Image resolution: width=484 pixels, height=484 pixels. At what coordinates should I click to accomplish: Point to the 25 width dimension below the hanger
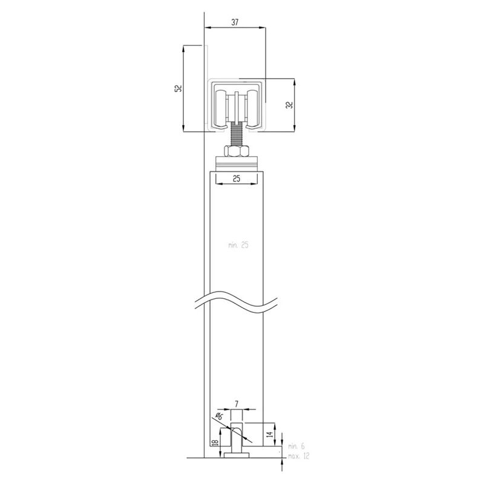[x=236, y=178]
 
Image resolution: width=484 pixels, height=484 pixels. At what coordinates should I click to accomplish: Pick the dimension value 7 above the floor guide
[x=237, y=403]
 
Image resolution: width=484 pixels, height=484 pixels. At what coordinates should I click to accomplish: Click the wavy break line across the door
[x=236, y=301]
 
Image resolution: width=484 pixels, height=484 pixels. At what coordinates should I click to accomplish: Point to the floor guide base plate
[x=236, y=456]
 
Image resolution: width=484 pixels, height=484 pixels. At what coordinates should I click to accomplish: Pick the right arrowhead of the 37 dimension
[x=264, y=28]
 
